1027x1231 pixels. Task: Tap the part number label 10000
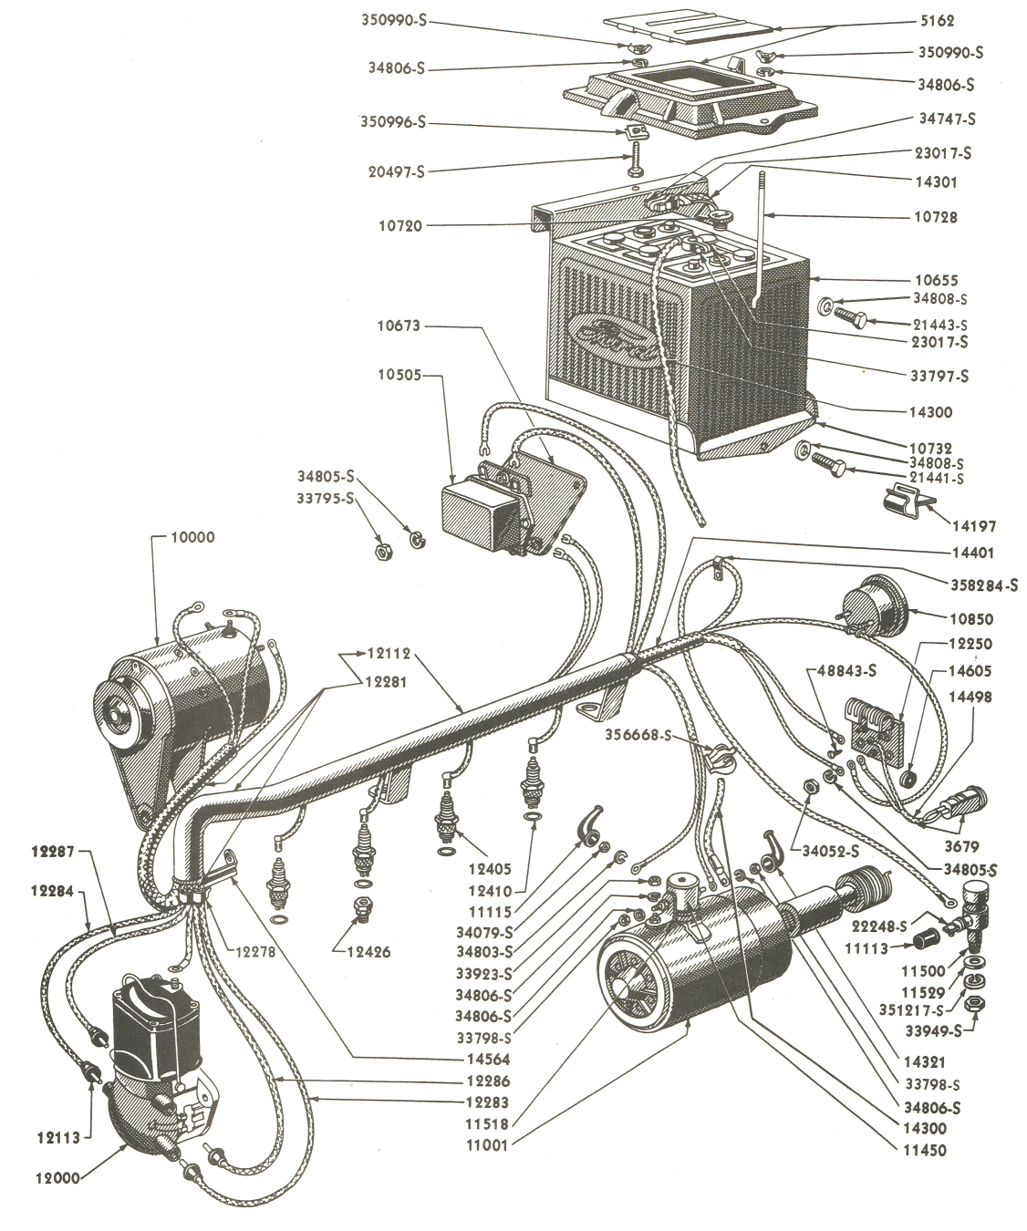pos(192,537)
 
